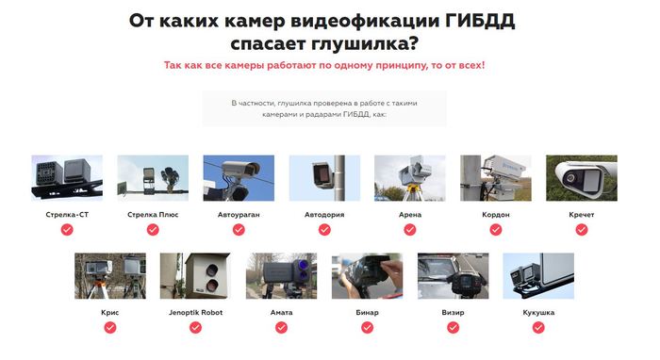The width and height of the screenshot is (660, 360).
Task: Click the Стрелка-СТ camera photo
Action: point(67,178)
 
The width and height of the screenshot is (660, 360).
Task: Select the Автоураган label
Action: point(239,215)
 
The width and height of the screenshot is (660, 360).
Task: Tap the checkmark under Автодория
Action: point(324,230)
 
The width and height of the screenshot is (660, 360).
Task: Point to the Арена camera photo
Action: point(410,178)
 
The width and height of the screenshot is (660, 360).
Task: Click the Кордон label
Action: point(496,215)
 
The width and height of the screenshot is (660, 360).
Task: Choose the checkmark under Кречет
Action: point(582,230)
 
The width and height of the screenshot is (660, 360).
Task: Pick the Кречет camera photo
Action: point(582,178)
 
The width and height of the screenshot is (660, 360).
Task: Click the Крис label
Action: point(110,313)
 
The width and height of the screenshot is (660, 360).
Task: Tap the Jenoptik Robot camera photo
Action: point(195,276)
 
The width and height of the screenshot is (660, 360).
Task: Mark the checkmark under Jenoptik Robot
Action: point(195,328)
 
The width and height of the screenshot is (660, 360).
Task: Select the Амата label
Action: point(282,313)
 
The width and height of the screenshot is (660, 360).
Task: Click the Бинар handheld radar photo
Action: point(367,276)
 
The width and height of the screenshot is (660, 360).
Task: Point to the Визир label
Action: point(453,313)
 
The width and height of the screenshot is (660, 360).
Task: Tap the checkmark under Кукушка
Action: point(538,328)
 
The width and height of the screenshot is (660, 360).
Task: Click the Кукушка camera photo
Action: point(538,276)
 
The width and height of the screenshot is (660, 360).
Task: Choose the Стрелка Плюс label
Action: point(153,215)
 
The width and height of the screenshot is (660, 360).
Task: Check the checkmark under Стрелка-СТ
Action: point(67,230)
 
